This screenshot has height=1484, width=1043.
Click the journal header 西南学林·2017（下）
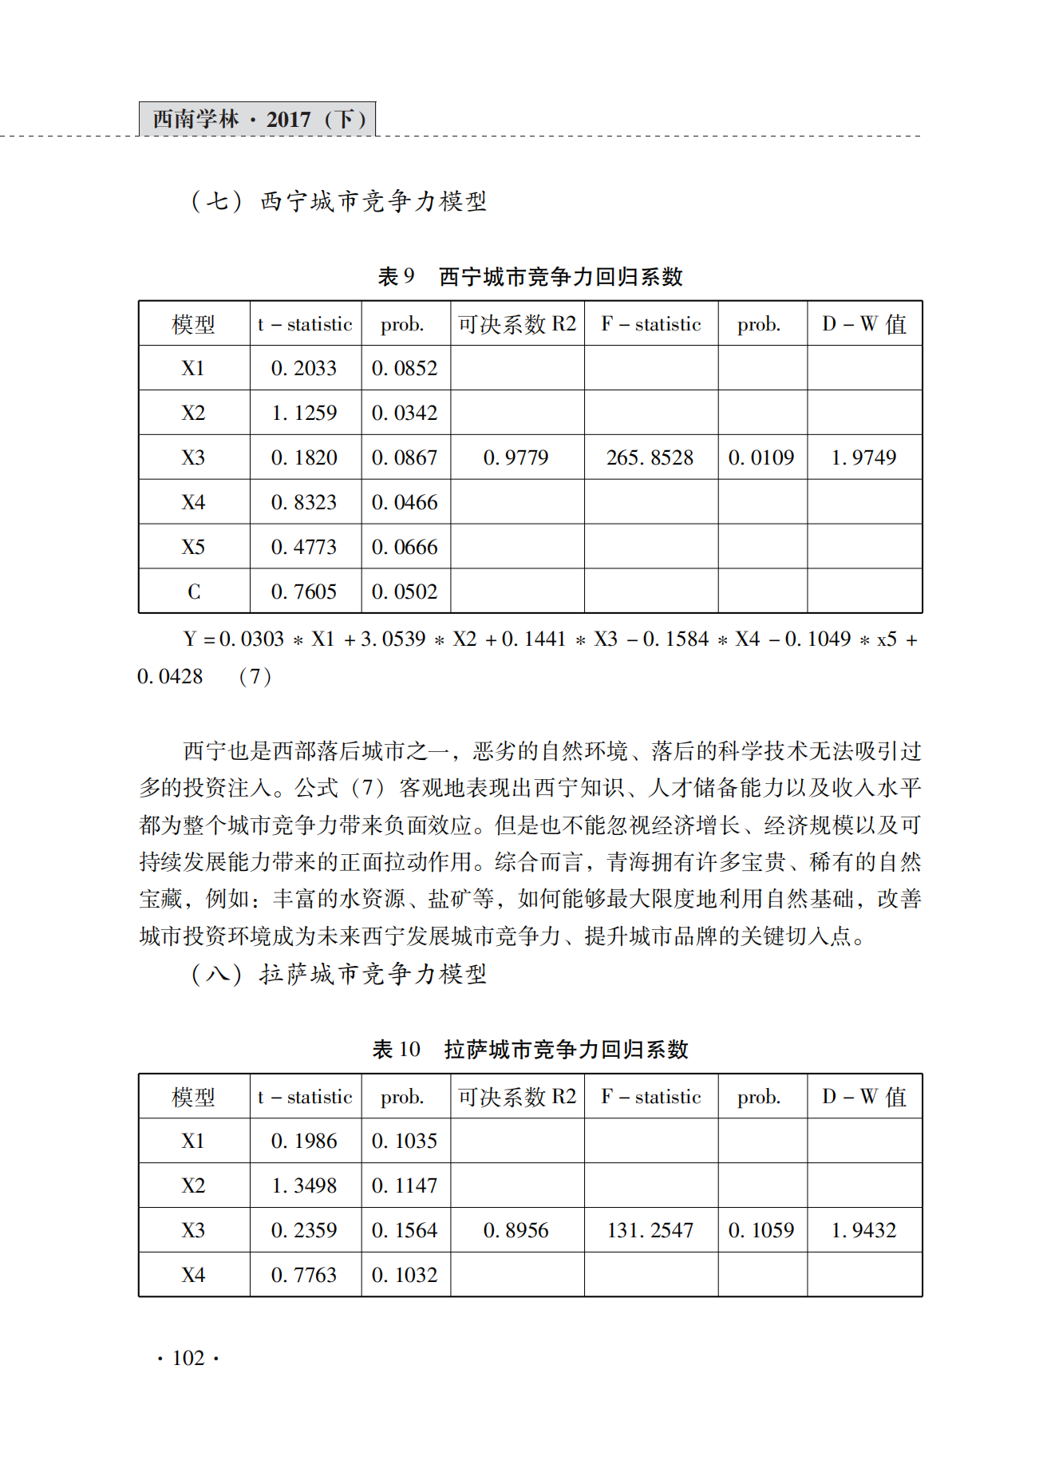click(x=258, y=119)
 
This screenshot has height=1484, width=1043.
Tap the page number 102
click(x=188, y=1358)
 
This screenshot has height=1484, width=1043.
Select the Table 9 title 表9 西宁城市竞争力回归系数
click(x=530, y=277)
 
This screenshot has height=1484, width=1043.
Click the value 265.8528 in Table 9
click(x=650, y=457)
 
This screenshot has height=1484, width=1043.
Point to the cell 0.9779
click(x=516, y=457)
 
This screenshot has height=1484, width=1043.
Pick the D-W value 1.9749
click(x=863, y=457)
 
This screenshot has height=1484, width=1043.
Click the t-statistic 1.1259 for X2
click(x=304, y=413)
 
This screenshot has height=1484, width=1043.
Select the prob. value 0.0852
click(x=405, y=368)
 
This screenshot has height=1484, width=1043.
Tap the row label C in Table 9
click(x=194, y=592)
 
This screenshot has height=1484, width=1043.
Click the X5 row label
click(x=193, y=547)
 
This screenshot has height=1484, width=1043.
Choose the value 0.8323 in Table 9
click(x=304, y=502)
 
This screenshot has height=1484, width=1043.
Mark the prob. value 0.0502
click(x=405, y=592)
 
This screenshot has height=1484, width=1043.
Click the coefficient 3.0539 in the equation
click(x=393, y=639)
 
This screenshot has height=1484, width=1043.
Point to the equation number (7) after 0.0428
click(x=255, y=677)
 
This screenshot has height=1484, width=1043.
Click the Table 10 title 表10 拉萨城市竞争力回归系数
click(x=530, y=1050)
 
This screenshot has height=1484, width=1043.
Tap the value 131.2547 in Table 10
click(x=650, y=1230)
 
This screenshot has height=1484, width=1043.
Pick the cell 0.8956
click(x=516, y=1230)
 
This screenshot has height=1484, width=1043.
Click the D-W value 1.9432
click(x=863, y=1230)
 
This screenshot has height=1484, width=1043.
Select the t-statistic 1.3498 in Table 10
click(x=304, y=1185)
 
